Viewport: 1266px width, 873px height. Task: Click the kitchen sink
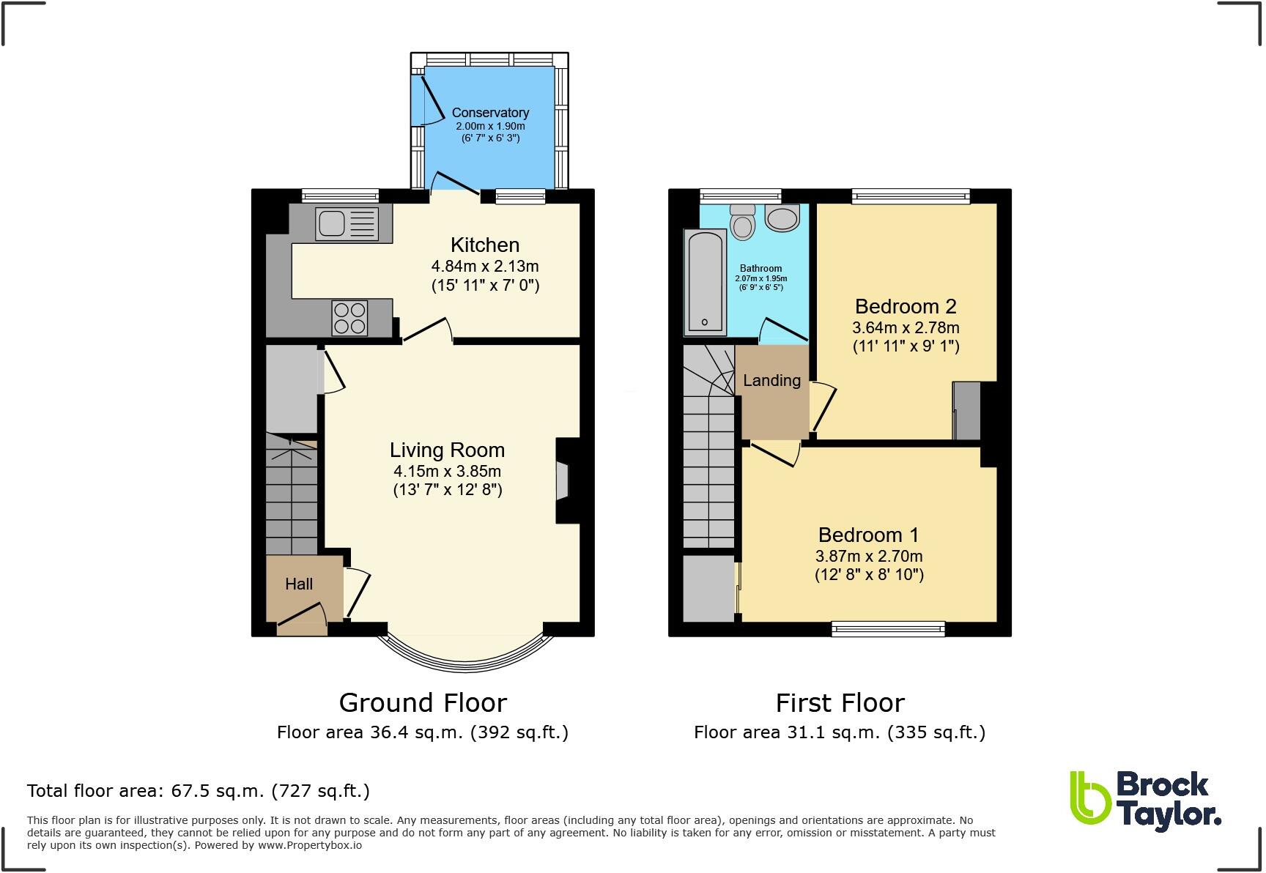tap(347, 223)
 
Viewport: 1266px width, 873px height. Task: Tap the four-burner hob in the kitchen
tap(349, 318)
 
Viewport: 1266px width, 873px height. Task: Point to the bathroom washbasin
tap(782, 218)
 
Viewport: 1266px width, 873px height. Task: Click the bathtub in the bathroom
tap(705, 282)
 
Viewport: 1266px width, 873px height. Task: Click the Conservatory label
tap(490, 112)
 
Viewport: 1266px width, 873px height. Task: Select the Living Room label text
tap(447, 450)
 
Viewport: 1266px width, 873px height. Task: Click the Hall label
tap(299, 584)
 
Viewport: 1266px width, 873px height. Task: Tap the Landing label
tap(771, 380)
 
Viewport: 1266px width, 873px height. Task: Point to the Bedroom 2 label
tap(906, 306)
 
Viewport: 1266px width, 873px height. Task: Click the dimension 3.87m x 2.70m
tap(869, 556)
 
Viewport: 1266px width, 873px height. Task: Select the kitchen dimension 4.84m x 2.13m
tap(485, 266)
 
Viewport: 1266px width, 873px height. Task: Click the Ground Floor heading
tap(423, 703)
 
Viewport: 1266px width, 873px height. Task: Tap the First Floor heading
tap(840, 703)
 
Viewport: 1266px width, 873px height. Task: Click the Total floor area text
tap(198, 791)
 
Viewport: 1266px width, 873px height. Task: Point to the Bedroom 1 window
tap(888, 628)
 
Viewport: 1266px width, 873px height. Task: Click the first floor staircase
tap(708, 469)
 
